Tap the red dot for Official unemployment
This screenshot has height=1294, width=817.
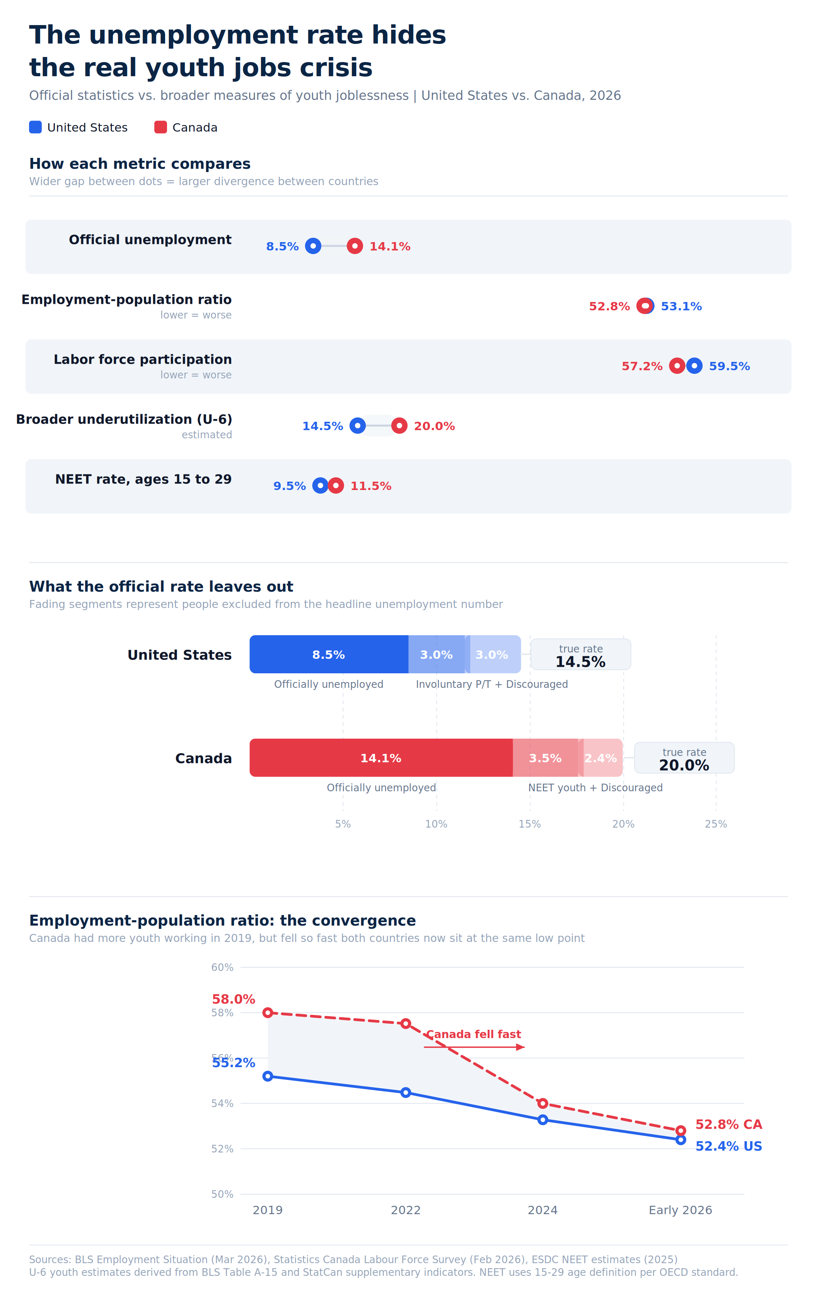coord(355,246)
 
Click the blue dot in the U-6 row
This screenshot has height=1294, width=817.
coord(357,426)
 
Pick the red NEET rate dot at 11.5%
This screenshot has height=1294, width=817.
coord(336,486)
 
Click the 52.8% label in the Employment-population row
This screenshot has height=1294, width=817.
coord(609,306)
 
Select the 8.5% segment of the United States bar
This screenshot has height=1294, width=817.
coord(328,654)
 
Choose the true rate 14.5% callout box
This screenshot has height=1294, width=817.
coord(581,654)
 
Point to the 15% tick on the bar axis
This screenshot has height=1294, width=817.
coord(529,824)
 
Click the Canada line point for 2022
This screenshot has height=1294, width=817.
coord(406,1024)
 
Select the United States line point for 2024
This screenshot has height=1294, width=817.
coord(543,1119)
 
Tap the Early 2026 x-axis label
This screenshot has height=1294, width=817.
coord(680,1210)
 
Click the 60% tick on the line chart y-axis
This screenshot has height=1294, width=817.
coord(222,967)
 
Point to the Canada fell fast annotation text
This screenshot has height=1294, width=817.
coord(473,1034)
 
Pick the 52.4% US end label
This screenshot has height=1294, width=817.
coord(728,1146)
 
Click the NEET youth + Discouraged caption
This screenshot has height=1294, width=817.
coord(595,788)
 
